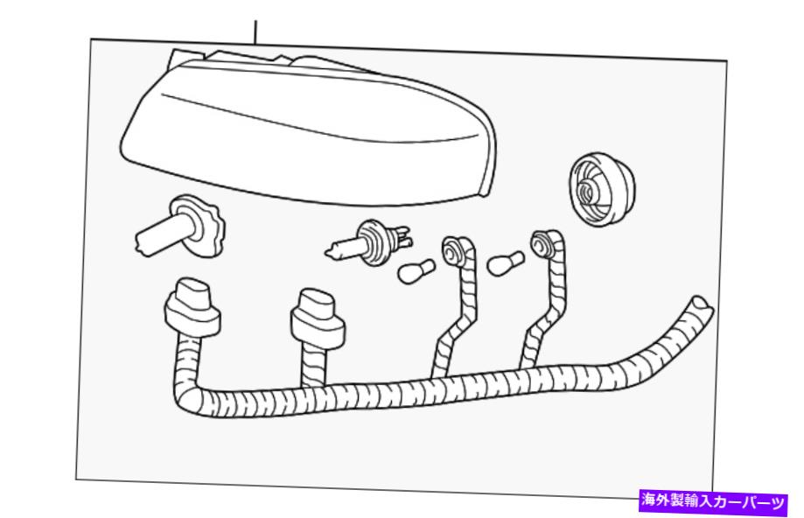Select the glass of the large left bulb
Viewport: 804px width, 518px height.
[x=159, y=235]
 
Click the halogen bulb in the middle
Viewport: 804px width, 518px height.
[x=367, y=243]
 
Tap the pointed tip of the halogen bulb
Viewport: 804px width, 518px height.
[x=326, y=252]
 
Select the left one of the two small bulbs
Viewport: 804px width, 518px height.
[x=416, y=270]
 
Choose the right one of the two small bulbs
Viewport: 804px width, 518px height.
[x=505, y=263]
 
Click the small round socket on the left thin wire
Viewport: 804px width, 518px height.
[x=453, y=251]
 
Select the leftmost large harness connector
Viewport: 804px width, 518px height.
[x=192, y=308]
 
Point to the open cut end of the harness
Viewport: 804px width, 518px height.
[x=701, y=306]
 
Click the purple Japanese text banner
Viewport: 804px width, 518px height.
[x=713, y=500]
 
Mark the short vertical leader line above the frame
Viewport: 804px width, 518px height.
[x=255, y=32]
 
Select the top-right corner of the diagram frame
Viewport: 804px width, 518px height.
[x=726, y=61]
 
